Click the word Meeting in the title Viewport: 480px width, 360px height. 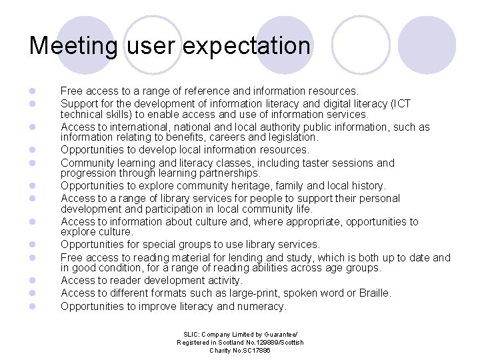[73, 46]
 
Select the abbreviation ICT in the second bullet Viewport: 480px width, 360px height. [401, 103]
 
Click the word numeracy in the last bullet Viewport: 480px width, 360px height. [261, 306]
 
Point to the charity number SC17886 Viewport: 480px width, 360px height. [253, 350]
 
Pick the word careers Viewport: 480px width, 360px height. [223, 137]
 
